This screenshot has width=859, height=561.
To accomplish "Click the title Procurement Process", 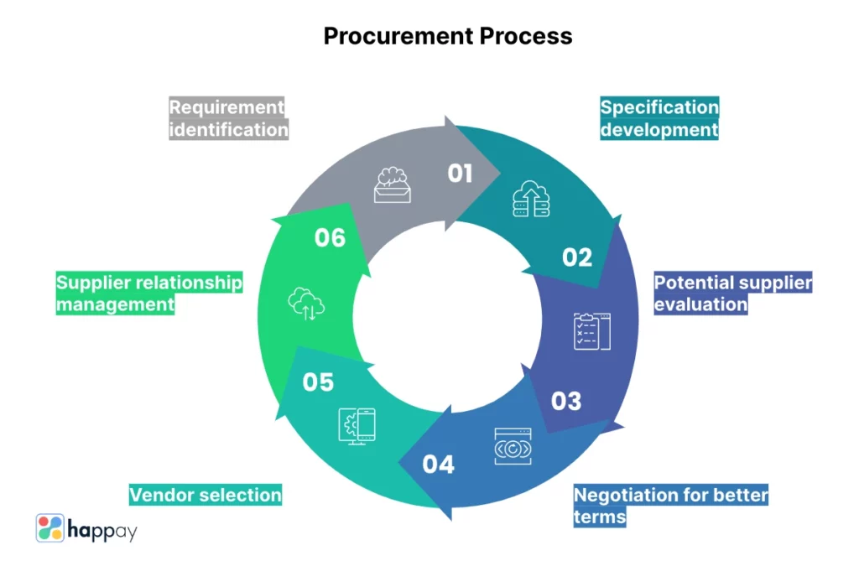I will [448, 36].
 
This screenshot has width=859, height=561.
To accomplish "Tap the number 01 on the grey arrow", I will [461, 174].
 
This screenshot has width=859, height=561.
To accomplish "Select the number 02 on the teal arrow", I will [577, 257].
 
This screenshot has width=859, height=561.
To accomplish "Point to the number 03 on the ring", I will [566, 401].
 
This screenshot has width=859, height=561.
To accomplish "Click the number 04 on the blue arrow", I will [439, 464].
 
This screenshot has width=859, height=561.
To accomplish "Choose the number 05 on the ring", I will [318, 382].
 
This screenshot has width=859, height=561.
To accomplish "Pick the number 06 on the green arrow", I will [330, 238].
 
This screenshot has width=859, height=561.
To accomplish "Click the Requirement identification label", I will [228, 119].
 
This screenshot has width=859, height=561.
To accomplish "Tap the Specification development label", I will [659, 119].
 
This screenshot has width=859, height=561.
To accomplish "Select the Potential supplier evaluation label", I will [732, 293].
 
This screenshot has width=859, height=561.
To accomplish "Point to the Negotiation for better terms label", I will [670, 505].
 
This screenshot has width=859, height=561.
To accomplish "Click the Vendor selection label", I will [206, 495].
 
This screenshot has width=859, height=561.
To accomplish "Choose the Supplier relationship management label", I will [149, 293].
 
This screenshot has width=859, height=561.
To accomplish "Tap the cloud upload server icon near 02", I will [531, 200].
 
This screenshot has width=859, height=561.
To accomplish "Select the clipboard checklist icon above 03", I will [591, 331].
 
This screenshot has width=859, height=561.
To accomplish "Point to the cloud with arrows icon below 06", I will [305, 304].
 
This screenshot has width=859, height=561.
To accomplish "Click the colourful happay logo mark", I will [50, 527].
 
